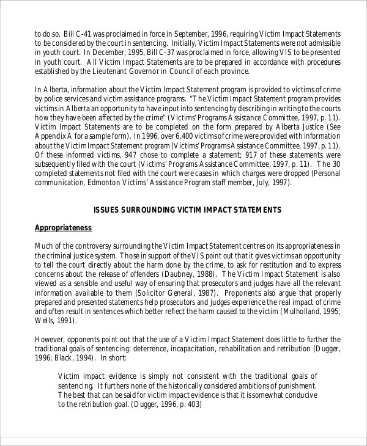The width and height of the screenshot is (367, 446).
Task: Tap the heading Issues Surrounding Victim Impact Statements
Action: pos(188,210)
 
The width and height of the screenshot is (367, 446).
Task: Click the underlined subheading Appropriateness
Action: pos(63,228)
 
